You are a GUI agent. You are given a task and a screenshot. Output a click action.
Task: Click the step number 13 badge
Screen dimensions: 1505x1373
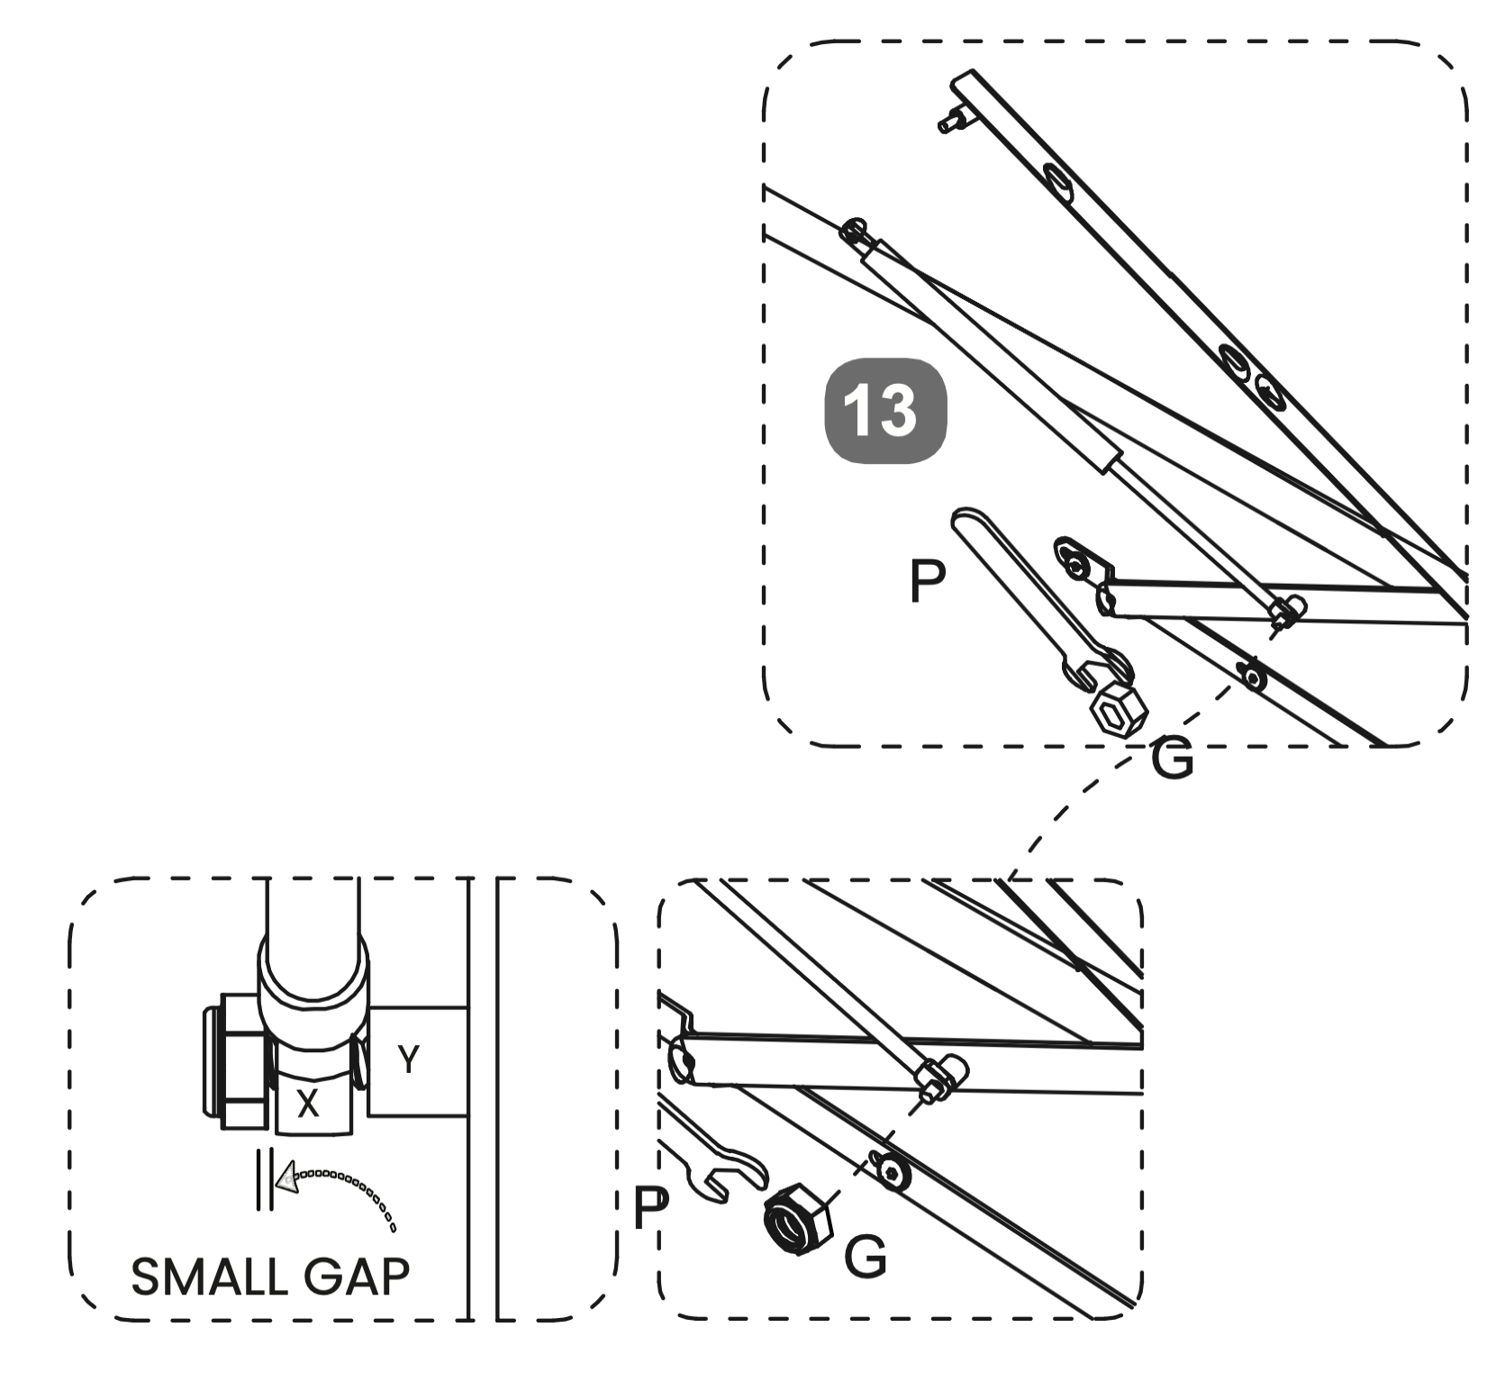(885, 412)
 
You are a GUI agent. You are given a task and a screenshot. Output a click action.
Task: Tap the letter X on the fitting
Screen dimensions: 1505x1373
(308, 1104)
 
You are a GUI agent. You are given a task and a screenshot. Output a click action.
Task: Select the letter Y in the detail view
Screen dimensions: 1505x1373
(408, 1059)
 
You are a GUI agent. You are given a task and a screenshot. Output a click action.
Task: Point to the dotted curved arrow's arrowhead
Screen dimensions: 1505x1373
(287, 1177)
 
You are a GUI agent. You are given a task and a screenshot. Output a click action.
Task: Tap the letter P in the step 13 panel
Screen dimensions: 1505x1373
(928, 581)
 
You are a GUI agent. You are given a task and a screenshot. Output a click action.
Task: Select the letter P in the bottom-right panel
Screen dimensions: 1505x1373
(651, 1208)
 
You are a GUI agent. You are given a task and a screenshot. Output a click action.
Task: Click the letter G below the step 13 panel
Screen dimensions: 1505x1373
(1172, 759)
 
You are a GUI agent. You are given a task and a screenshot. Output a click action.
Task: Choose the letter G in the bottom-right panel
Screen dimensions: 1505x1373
(866, 1256)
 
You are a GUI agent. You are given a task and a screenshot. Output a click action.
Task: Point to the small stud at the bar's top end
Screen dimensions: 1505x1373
(949, 120)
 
